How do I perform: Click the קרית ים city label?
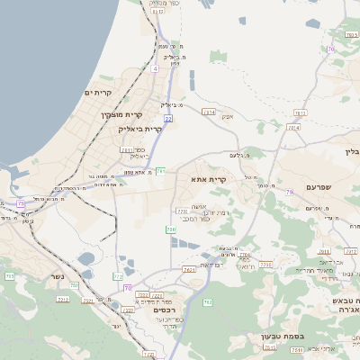[x=98, y=93]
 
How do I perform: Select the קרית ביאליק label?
[x=139, y=129]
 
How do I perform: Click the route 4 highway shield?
[x=155, y=67]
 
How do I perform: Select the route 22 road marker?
[x=167, y=118]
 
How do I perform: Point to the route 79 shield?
[x=289, y=192]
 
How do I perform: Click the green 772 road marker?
[x=118, y=276]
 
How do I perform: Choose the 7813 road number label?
[x=301, y=112]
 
